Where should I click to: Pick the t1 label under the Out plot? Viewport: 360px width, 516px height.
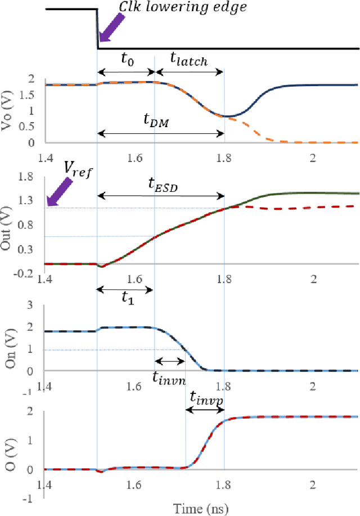pyautogui.click(x=129, y=299)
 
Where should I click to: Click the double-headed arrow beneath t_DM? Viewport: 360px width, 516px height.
pyautogui.click(x=161, y=133)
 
